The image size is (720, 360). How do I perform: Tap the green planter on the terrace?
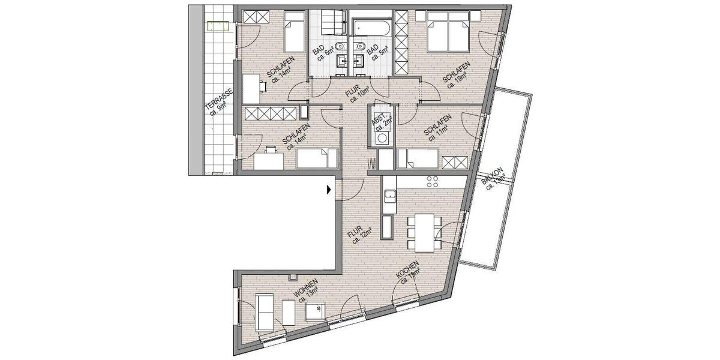click(217, 26)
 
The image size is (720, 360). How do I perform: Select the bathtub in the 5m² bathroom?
click(371, 27)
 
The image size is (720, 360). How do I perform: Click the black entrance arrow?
click(328, 190)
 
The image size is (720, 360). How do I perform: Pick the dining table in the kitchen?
click(427, 233)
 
